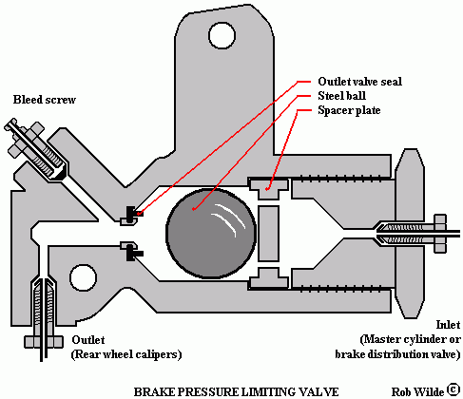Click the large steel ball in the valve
tap(211, 234)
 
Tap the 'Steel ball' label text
tap(341, 96)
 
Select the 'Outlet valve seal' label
tap(359, 82)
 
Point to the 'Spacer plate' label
tap(349, 110)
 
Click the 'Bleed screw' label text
tap(45, 100)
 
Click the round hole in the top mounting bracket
tap(222, 35)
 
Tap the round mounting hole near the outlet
tap(83, 277)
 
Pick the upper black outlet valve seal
tap(132, 214)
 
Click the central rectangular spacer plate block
tap(268, 234)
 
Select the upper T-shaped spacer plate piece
tap(268, 189)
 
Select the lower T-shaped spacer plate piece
tap(268, 278)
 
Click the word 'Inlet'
tap(448, 325)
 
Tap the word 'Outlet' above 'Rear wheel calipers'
tap(88, 340)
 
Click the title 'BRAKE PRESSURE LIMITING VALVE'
tap(236, 392)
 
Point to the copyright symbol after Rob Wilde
tap(453, 389)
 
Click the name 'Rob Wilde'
tap(417, 392)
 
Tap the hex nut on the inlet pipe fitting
tap(440, 234)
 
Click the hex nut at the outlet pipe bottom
tap(44, 341)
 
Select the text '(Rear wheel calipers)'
tap(126, 354)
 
